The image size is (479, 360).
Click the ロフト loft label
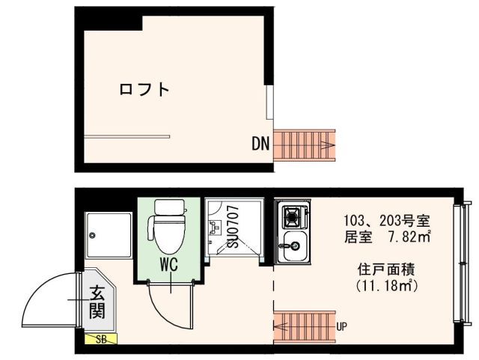coord(144,91)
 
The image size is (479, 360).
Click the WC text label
coord(168,264)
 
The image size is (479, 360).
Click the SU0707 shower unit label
coord(233,227)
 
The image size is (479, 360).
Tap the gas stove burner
coord(292,218)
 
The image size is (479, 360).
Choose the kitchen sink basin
coord(292,245)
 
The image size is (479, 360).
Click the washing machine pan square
coord(109,237)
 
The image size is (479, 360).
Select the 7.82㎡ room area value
coord(409,237)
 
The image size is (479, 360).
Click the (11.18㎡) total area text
coord(386,285)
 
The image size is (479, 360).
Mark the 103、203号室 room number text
coord(386,221)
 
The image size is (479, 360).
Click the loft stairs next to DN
coord(305,144)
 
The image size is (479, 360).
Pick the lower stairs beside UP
coord(304,326)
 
